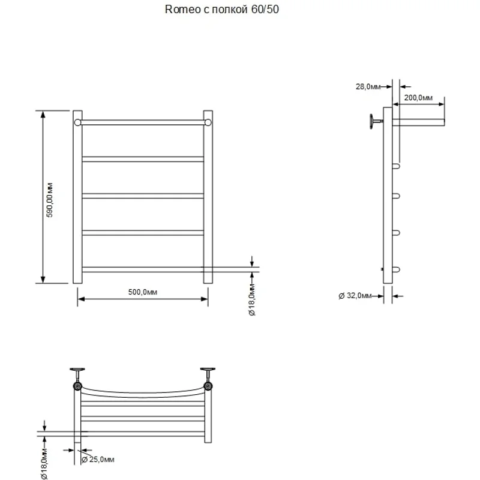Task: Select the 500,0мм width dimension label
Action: [142, 292]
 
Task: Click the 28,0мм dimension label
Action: [368, 87]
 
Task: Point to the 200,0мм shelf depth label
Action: [418, 97]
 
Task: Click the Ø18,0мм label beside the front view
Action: [252, 302]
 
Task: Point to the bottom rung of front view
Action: [142, 269]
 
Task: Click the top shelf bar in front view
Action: [142, 122]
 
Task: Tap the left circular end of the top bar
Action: [77, 122]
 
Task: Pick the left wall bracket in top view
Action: [77, 378]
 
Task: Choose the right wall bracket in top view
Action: [208, 378]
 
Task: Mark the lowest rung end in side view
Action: [396, 269]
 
